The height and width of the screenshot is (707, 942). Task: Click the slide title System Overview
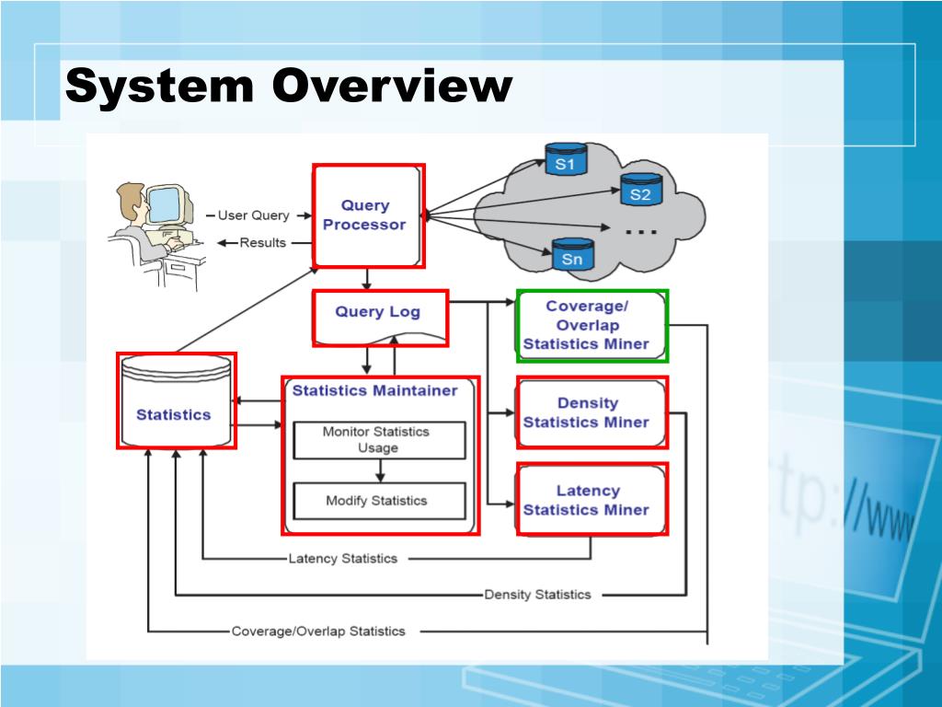(x=289, y=87)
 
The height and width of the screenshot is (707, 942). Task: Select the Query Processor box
(x=368, y=215)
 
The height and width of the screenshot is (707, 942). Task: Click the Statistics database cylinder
(x=176, y=401)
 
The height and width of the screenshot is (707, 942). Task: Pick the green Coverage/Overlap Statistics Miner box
(x=592, y=326)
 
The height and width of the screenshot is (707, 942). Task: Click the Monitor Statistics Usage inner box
(x=377, y=440)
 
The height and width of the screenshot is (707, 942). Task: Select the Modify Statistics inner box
(x=377, y=501)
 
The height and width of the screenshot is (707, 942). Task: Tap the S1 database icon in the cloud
(x=565, y=161)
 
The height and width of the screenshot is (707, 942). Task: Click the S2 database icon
(x=640, y=191)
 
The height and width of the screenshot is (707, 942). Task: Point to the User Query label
(x=253, y=215)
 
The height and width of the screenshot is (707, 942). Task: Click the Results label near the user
(x=263, y=243)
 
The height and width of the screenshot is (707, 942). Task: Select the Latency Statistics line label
(x=343, y=558)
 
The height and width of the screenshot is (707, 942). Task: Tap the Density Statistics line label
(x=537, y=594)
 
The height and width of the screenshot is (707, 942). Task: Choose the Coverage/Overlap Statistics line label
(x=318, y=632)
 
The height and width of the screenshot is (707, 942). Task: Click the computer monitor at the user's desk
(x=167, y=204)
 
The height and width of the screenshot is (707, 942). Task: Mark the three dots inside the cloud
(x=641, y=233)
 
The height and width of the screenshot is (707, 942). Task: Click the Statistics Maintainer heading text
(x=374, y=390)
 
